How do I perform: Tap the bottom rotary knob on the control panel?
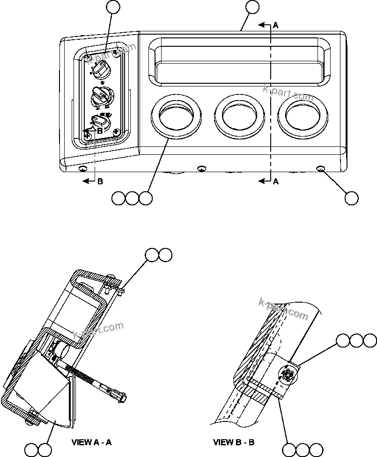click(x=99, y=123)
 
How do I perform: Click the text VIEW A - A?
click(x=91, y=442)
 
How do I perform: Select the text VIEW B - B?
click(x=234, y=442)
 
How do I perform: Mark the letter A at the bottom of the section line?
click(x=275, y=181)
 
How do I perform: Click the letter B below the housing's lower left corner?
click(x=100, y=182)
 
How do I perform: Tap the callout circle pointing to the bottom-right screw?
click(x=351, y=198)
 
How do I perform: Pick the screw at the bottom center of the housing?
click(x=201, y=168)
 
